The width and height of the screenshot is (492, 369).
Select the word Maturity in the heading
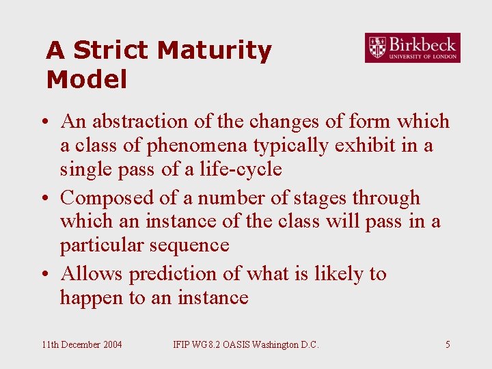[214, 51]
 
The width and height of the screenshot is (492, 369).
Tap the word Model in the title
[87, 80]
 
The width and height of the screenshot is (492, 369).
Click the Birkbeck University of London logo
[412, 48]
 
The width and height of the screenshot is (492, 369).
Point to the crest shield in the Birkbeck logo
[377, 48]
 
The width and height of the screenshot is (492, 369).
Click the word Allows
[92, 274]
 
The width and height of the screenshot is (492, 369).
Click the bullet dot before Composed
[43, 199]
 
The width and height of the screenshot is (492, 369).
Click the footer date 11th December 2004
[82, 344]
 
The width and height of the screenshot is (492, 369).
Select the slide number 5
[448, 344]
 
